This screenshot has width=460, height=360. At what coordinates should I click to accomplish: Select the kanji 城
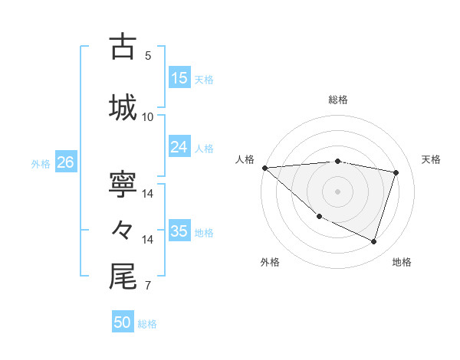click(123, 107)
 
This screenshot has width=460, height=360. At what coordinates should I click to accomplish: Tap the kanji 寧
click(123, 185)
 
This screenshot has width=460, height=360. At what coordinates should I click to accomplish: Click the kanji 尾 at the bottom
click(123, 277)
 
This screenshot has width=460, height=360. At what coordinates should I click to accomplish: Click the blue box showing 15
click(179, 78)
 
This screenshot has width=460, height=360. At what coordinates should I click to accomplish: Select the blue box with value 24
click(179, 147)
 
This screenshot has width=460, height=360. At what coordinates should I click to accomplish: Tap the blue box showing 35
click(179, 231)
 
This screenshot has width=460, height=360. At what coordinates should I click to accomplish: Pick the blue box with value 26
click(65, 162)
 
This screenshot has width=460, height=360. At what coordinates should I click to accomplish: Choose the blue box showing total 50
click(123, 323)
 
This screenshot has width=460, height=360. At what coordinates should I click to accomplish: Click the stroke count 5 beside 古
click(148, 56)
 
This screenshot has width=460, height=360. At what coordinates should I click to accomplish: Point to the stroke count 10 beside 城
click(148, 117)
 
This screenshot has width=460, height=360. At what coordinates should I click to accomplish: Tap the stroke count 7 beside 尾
click(148, 286)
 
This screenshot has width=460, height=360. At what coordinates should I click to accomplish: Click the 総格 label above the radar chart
click(337, 100)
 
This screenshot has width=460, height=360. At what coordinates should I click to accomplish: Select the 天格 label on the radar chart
click(431, 159)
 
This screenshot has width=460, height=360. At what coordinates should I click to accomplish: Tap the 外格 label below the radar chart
click(270, 262)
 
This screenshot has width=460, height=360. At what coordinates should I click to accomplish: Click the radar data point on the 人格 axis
click(264, 168)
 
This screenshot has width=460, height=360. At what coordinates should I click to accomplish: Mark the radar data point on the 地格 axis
click(373, 242)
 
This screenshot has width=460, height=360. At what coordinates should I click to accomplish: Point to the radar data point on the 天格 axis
click(396, 172)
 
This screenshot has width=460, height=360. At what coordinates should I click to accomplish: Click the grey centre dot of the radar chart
click(337, 191)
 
